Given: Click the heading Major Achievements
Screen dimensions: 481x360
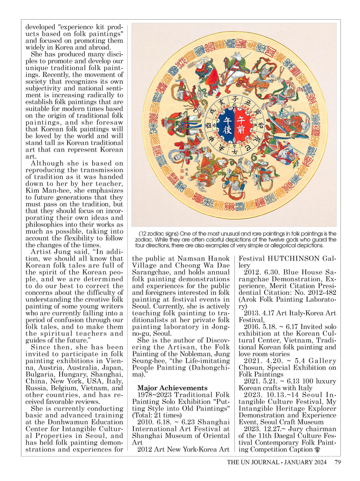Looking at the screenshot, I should [x=172, y=387].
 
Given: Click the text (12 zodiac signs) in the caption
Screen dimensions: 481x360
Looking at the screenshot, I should [x=158, y=234].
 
